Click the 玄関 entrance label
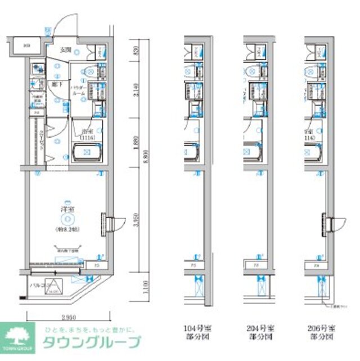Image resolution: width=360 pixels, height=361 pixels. [x=65, y=50]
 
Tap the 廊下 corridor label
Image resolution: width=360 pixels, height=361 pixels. [x=56, y=85]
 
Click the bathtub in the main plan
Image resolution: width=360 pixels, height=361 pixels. [x=86, y=151]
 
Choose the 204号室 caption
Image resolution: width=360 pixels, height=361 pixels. [x=259, y=330]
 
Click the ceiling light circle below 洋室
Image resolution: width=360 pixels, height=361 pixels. [x=68, y=219]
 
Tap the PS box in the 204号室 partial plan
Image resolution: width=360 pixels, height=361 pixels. [x=255, y=264]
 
